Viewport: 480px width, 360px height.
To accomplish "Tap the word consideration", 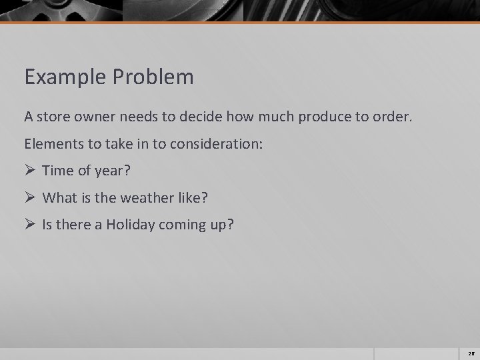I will pos(207,143).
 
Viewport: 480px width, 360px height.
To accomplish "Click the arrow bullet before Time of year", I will pos(29,170).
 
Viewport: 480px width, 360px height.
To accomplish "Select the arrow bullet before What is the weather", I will pos(29,197).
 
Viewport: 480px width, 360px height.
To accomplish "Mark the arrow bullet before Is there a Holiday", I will pos(29,224).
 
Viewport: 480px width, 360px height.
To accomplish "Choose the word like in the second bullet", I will pos(183,197).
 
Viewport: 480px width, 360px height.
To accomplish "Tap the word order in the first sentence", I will pos(397,117).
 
